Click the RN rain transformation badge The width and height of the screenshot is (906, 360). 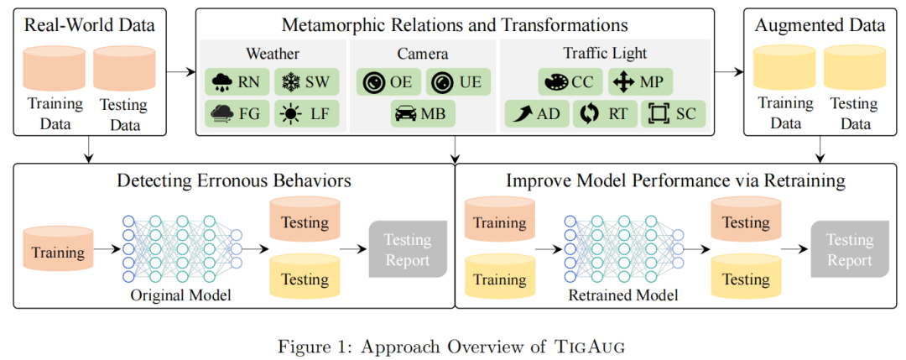click(237, 82)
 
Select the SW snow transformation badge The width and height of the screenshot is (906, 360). click(306, 82)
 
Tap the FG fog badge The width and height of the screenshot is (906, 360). click(237, 114)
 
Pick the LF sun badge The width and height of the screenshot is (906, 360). click(306, 114)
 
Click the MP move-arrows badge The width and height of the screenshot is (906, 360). click(641, 82)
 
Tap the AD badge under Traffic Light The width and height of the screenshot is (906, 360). click(538, 113)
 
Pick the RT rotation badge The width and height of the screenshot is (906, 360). click(606, 113)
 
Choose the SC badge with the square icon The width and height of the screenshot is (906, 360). click(674, 113)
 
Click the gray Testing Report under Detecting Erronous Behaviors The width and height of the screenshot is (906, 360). click(407, 249)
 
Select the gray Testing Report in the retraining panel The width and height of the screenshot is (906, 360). click(849, 249)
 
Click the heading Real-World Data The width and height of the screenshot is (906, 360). click(90, 24)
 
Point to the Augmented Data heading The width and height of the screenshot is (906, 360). click(820, 24)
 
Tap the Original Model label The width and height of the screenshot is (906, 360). click(180, 295)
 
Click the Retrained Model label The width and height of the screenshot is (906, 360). click(622, 295)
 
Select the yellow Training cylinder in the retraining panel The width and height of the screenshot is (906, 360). click(500, 278)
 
